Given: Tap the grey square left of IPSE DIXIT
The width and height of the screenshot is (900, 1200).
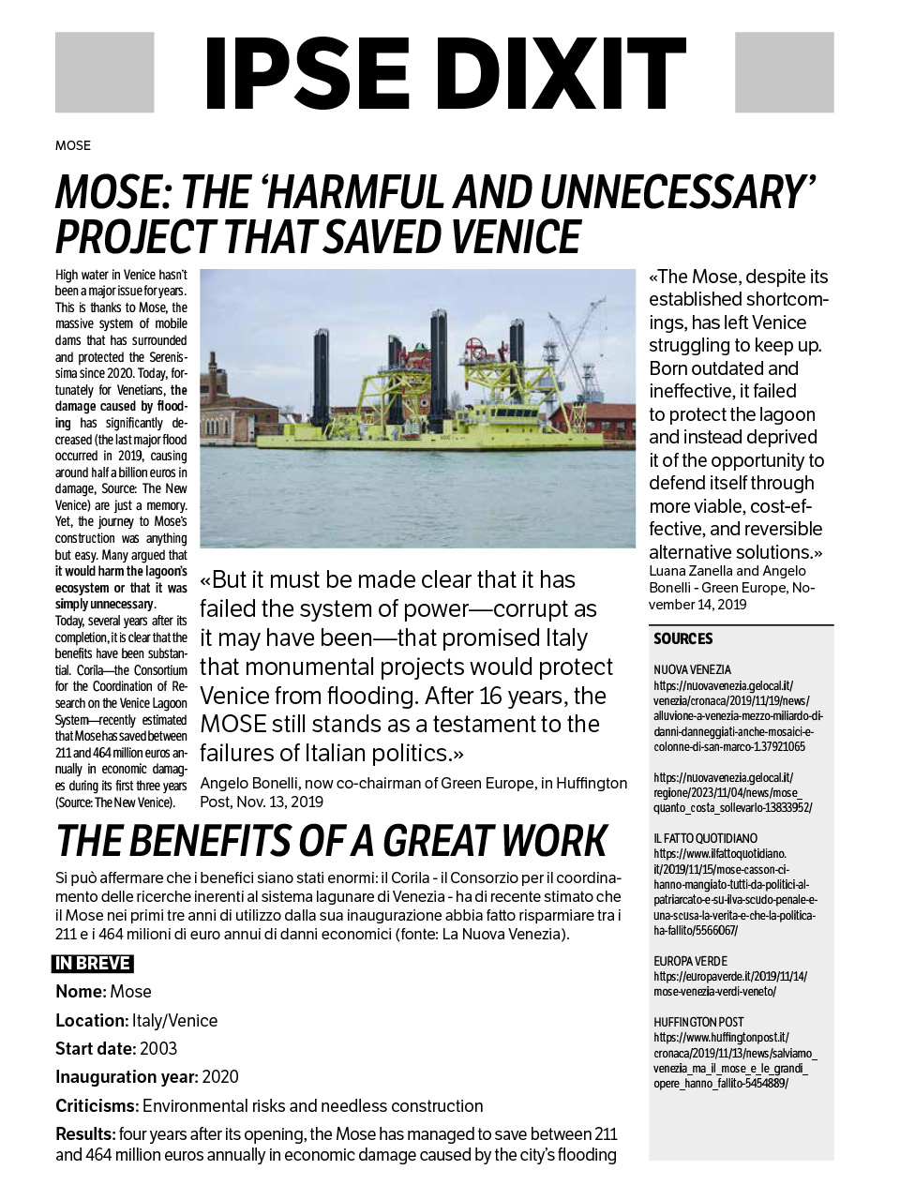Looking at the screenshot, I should (104, 72).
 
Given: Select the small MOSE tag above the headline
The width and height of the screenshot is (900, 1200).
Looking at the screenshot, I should (73, 145).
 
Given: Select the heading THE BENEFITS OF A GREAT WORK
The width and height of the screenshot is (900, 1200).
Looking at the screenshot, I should (332, 841).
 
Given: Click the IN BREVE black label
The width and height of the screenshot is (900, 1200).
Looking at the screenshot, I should (92, 964).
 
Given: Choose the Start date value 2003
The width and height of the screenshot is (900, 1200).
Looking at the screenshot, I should (158, 1048).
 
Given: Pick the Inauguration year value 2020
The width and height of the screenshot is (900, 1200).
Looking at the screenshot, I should (220, 1077).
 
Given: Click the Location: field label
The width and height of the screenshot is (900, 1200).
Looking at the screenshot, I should (92, 1020).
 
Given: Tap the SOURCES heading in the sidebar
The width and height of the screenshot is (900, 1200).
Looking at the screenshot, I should (683, 638).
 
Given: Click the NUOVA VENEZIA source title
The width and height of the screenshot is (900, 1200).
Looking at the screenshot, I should (693, 670).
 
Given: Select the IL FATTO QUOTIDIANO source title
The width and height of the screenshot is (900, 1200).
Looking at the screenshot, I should (706, 838).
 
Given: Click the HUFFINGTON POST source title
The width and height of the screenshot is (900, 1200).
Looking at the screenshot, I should (698, 1022).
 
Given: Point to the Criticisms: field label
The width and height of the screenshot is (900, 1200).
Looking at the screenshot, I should (97, 1106).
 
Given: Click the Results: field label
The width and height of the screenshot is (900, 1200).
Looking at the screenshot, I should (85, 1134).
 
